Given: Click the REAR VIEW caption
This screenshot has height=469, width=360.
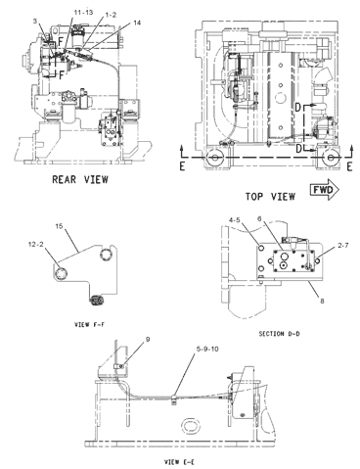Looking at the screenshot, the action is click(x=80, y=179).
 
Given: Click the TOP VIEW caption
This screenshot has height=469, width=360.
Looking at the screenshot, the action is click(x=270, y=197).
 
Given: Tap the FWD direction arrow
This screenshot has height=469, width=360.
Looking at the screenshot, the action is click(x=325, y=190).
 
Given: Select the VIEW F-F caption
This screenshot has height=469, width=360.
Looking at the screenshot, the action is click(x=90, y=324).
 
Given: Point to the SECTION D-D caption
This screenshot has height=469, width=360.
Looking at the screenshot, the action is click(x=280, y=334).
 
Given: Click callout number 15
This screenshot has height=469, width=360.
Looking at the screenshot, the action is click(x=59, y=226).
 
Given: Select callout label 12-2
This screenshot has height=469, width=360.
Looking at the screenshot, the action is click(x=36, y=244).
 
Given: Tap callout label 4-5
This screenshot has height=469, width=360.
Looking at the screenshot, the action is click(x=235, y=220).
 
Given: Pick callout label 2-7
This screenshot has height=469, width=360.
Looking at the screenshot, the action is click(x=342, y=245).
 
